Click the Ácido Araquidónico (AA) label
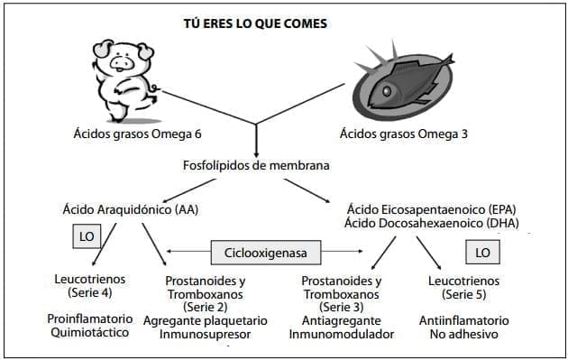(x=131, y=209)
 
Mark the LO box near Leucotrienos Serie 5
(x=482, y=251)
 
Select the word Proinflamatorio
(x=89, y=319)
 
